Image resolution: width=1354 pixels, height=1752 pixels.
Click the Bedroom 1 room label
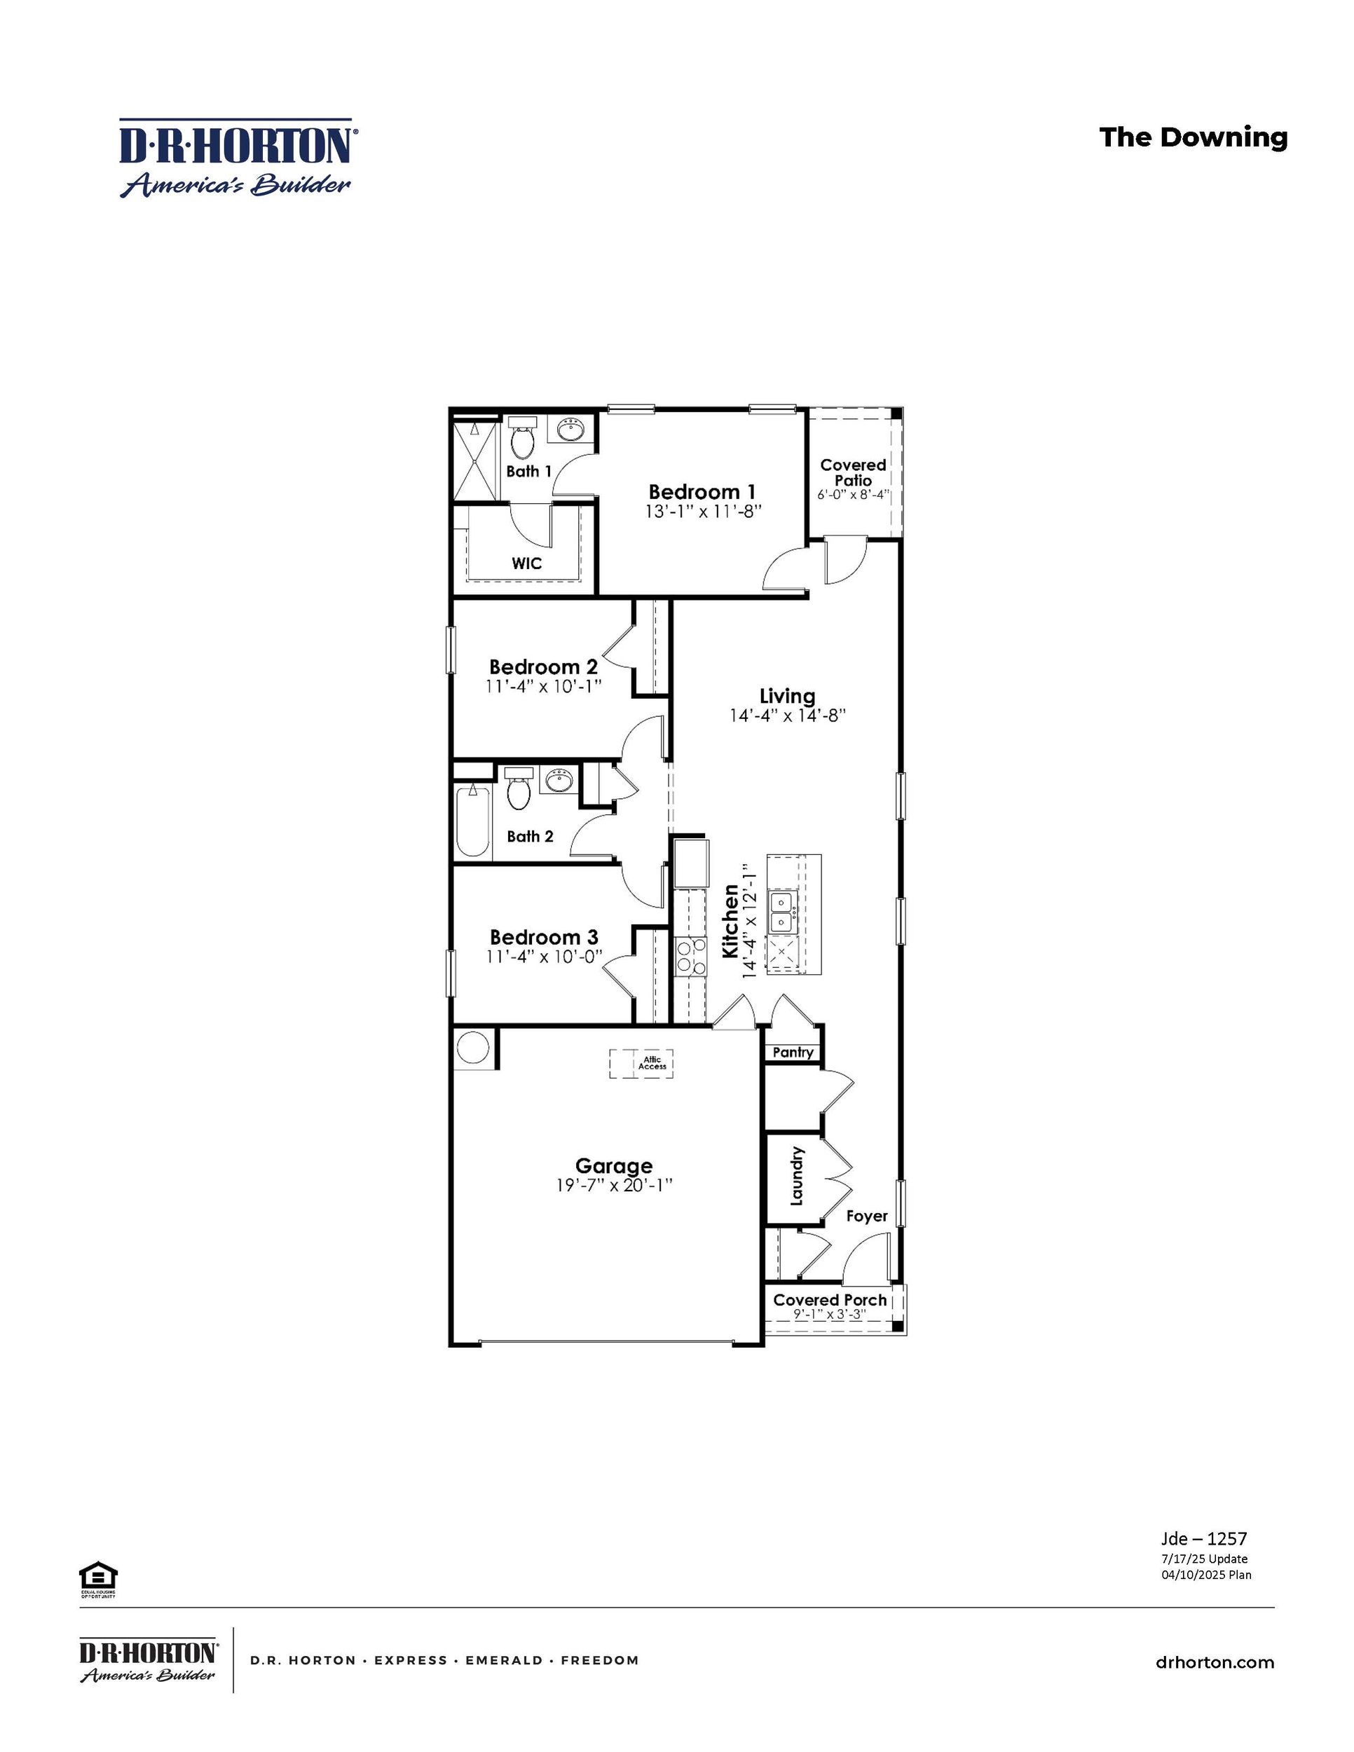(x=702, y=492)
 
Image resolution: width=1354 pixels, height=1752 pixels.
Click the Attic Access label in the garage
(x=652, y=1063)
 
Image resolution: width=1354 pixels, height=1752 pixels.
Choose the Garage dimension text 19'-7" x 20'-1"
(x=614, y=1186)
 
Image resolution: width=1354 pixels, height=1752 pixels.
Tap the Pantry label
(x=793, y=1053)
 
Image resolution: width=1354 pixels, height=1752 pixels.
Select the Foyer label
(x=866, y=1216)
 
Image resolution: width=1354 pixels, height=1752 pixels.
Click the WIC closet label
(x=526, y=563)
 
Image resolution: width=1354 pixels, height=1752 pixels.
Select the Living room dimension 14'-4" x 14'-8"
(x=788, y=716)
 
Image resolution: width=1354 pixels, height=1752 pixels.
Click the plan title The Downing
(x=1193, y=137)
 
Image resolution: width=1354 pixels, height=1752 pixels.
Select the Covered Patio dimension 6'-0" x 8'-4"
(x=854, y=495)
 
